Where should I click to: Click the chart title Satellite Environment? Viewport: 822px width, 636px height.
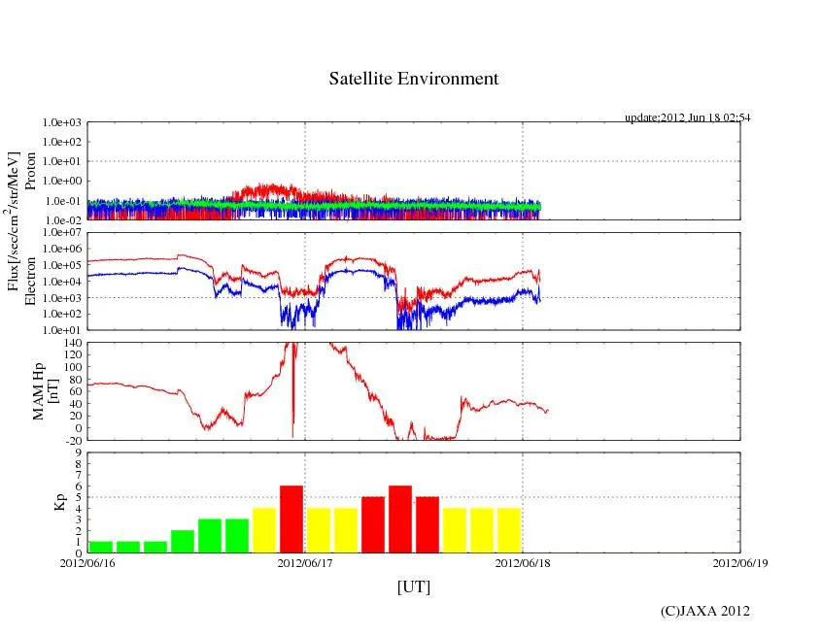(x=413, y=79)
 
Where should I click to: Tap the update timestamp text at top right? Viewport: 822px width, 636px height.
(x=687, y=117)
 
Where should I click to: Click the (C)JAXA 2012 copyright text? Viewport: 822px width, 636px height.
(x=704, y=611)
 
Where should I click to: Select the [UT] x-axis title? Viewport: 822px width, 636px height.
(x=413, y=586)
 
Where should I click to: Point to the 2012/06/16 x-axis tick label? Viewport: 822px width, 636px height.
(x=87, y=564)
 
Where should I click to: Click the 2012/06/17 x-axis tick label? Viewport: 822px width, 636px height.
(x=305, y=564)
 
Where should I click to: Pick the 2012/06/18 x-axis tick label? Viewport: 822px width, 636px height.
(x=523, y=564)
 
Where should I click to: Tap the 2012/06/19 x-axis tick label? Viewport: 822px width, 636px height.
(x=739, y=564)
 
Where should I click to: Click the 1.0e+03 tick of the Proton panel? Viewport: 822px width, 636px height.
(x=63, y=123)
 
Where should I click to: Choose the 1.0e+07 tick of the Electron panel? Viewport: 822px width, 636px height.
(x=63, y=233)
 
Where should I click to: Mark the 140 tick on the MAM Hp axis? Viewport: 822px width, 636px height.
(x=74, y=344)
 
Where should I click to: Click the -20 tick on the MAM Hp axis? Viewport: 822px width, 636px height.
(x=74, y=439)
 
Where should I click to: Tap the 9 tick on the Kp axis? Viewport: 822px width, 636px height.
(x=80, y=452)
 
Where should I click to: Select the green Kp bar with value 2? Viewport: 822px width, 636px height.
(x=183, y=541)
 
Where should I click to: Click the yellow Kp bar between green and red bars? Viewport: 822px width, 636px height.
(x=264, y=530)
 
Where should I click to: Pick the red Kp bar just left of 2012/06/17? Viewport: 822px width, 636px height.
(x=291, y=519)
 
